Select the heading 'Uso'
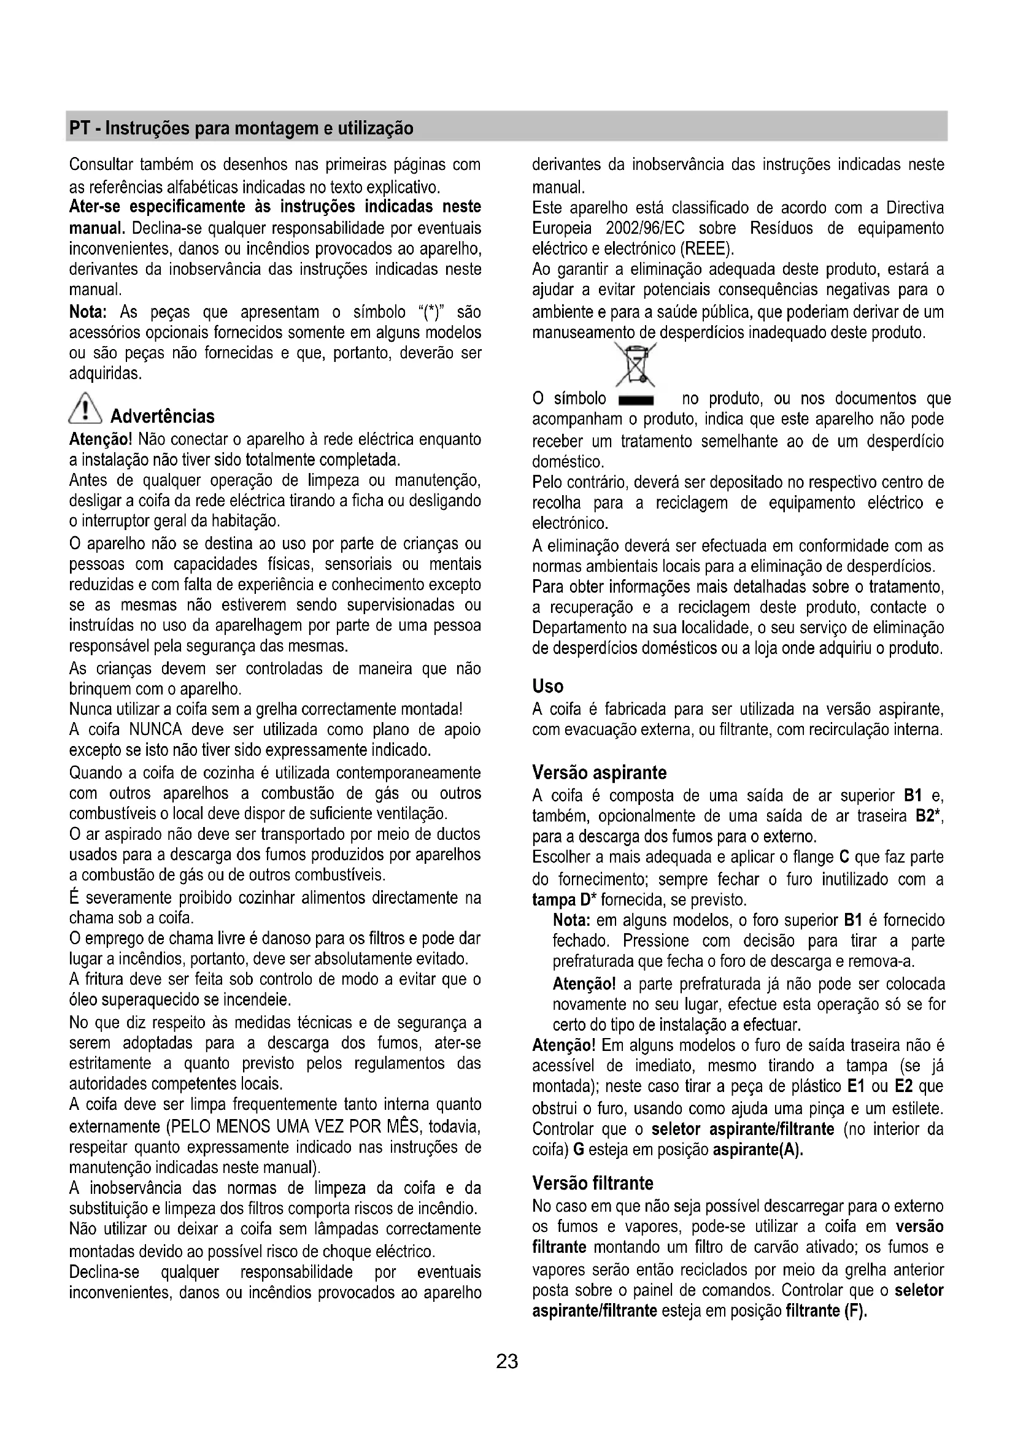[547, 687]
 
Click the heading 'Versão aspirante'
[599, 772]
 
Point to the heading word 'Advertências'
[162, 416]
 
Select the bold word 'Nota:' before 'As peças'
[88, 311]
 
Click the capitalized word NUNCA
[156, 729]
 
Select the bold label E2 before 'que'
[904, 1087]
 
